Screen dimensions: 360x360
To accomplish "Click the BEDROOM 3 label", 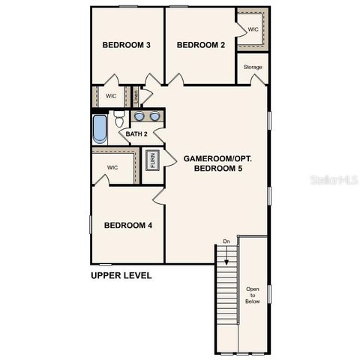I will (x=127, y=45).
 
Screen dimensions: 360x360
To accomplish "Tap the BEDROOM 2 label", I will (x=201, y=45).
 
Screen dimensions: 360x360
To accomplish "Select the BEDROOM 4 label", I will (x=128, y=225).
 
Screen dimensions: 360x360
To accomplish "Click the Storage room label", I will (x=253, y=67).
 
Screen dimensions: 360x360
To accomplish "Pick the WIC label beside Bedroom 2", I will (x=253, y=29).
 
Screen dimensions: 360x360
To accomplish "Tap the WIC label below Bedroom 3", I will (x=111, y=96).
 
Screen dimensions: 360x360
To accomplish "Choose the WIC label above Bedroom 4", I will (x=112, y=167).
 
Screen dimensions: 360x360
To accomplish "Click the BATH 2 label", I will (x=136, y=133).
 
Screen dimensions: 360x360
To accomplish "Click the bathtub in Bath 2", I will (x=100, y=128).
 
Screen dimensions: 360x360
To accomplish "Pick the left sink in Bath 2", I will (x=139, y=116).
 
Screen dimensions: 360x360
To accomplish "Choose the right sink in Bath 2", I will (x=154, y=116).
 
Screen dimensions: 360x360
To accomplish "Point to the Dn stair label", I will (x=226, y=241).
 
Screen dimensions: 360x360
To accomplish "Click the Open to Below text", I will (x=253, y=295).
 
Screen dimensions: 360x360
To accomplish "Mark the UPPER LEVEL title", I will (x=121, y=275).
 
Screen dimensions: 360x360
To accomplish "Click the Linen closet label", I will (x=136, y=96).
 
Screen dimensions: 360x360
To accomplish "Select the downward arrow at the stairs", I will (x=226, y=251).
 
